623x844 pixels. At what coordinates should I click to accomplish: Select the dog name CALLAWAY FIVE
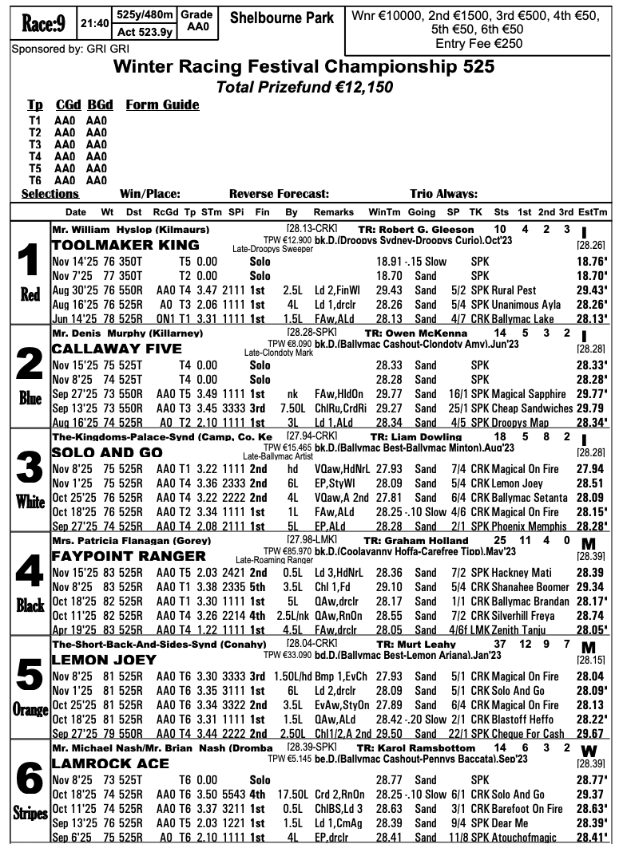tap(117, 349)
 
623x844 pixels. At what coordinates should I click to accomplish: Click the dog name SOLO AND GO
tap(104, 452)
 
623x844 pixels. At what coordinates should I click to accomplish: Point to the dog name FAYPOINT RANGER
tap(128, 556)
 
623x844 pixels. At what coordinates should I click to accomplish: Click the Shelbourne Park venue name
tap(281, 18)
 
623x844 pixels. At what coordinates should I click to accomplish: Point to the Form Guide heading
tap(162, 105)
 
